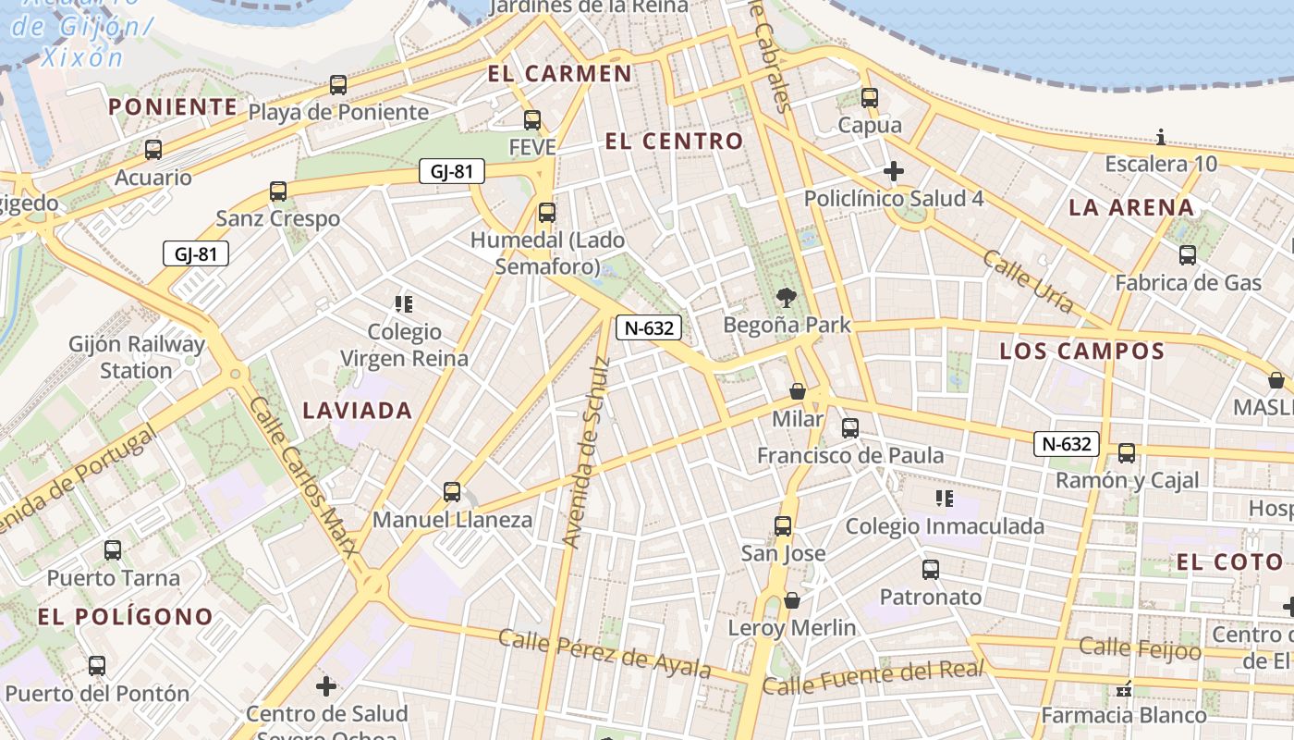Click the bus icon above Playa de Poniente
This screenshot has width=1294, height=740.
[338, 85]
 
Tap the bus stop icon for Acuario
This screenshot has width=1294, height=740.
[153, 149]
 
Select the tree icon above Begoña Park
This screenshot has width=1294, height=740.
[787, 297]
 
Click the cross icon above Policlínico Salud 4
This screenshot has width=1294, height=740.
[893, 171]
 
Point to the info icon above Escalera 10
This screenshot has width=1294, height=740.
[1161, 138]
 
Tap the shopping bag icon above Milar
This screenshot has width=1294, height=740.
[798, 391]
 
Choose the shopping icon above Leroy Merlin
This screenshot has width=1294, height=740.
[792, 600]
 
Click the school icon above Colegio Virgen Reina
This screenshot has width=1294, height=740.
[403, 303]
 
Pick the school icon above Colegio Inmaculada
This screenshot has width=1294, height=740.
[944, 499]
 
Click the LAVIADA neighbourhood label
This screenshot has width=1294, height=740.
[358, 410]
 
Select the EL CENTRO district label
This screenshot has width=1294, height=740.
[674, 142]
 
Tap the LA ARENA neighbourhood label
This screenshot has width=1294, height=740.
[1131, 207]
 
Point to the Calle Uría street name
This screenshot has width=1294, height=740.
[1029, 280]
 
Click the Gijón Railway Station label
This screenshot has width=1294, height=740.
[137, 357]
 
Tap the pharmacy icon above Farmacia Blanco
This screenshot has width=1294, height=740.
[1125, 689]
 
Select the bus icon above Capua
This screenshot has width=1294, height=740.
[869, 97]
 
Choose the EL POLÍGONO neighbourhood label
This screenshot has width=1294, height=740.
[126, 616]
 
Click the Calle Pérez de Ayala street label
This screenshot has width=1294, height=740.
[604, 653]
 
